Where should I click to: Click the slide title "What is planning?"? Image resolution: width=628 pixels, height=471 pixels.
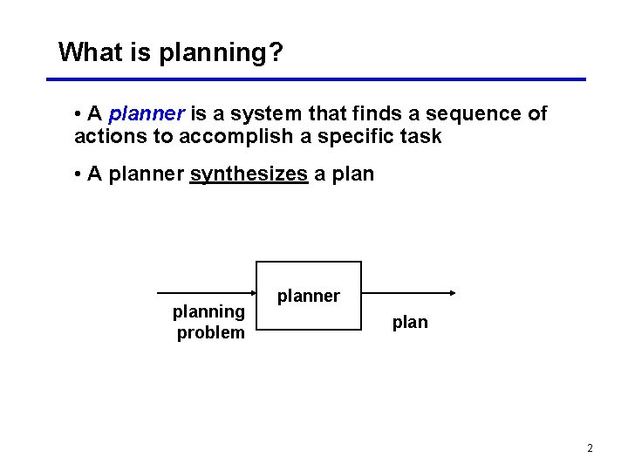pos(170,52)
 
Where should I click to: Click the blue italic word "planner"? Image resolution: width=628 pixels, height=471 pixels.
pos(147,114)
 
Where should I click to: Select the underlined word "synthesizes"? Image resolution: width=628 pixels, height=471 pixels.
pos(249,174)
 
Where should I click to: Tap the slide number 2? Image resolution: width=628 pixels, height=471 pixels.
pos(590,448)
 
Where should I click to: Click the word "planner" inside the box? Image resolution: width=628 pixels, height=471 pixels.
pos(308,296)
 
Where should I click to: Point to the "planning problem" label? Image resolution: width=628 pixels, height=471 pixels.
pos(209,322)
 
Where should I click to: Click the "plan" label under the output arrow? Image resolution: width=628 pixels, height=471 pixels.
pos(410,322)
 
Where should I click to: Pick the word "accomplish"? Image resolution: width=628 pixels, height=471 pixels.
pos(239,137)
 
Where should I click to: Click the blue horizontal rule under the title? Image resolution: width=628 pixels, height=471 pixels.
pos(315,79)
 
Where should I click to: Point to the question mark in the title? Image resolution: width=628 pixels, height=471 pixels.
pos(276,52)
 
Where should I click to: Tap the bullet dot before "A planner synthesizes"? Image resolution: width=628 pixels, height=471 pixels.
pos(78,174)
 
